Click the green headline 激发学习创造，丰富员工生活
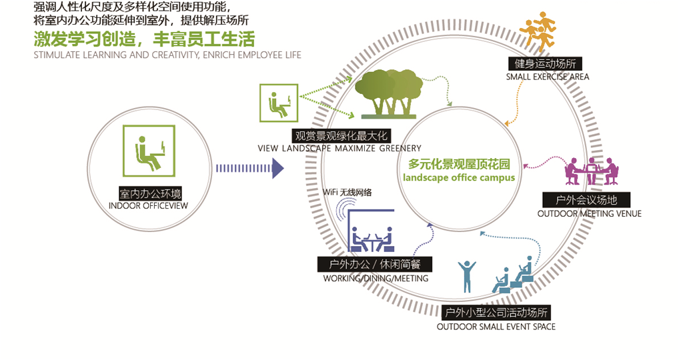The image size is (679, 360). [x=144, y=38]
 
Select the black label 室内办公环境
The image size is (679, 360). [x=149, y=193]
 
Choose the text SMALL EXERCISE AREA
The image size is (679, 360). [x=547, y=77]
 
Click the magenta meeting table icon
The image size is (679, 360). [x=591, y=172]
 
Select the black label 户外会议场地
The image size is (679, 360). [x=586, y=200]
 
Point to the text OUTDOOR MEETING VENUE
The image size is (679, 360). [x=589, y=213]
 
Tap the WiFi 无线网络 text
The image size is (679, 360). [x=347, y=192]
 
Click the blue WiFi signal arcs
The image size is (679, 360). [x=341, y=213]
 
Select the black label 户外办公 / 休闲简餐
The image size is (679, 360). [x=375, y=264]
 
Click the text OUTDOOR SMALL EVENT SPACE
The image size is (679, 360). [x=496, y=327]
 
